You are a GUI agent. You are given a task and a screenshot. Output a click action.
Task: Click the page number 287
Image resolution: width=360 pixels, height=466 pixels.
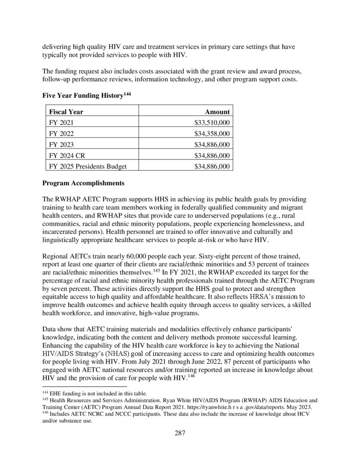click(x=180, y=433)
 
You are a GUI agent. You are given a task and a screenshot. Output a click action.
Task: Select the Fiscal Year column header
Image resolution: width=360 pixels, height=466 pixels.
click(x=66, y=111)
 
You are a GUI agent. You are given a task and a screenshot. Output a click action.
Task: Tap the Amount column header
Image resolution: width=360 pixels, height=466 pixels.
click(x=217, y=111)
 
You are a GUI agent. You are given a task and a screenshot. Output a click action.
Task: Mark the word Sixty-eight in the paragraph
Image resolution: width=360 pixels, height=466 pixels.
click(x=195, y=250)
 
